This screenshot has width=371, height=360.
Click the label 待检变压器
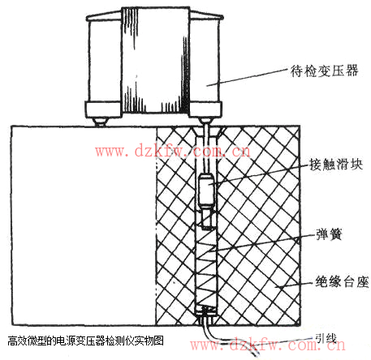click(x=324, y=71)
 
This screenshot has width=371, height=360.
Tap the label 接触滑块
click(x=336, y=164)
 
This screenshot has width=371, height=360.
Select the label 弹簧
click(x=329, y=234)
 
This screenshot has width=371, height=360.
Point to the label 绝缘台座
click(x=342, y=282)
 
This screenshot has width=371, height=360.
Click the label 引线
click(x=326, y=338)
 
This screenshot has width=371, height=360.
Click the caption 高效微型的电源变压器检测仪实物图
click(x=85, y=341)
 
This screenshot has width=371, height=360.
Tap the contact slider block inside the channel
click(x=206, y=190)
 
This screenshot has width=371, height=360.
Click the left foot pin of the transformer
click(x=101, y=122)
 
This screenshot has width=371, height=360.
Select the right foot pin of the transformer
click(x=205, y=121)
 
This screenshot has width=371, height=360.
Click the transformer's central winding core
click(x=155, y=60)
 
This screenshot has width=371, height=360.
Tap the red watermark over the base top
click(x=172, y=152)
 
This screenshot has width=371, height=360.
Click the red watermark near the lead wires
click(x=268, y=345)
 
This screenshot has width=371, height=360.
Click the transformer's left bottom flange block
click(x=103, y=109)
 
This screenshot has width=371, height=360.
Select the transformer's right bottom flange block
click(x=205, y=109)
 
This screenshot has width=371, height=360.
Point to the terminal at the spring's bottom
click(x=206, y=311)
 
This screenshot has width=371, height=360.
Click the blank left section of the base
click(x=84, y=225)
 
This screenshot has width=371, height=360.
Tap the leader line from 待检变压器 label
click(x=247, y=78)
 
